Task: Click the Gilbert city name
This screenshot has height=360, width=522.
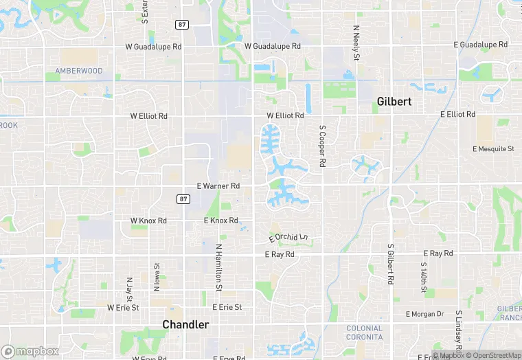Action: (x=394, y=102)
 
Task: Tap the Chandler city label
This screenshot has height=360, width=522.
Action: (x=185, y=324)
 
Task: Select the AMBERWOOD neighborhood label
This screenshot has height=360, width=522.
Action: (x=78, y=71)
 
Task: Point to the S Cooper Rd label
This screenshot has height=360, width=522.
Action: (x=321, y=146)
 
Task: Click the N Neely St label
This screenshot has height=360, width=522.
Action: (x=356, y=43)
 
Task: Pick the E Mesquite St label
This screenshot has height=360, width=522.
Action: (x=493, y=148)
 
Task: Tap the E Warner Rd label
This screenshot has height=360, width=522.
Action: (x=218, y=186)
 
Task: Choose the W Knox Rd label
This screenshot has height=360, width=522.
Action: (x=148, y=221)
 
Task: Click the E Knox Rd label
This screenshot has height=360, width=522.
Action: (x=221, y=221)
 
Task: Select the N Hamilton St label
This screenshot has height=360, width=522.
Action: (x=218, y=265)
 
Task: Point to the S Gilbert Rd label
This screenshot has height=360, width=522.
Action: (x=390, y=265)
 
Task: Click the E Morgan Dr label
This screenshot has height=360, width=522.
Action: (x=425, y=314)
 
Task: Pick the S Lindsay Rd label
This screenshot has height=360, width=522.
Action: (x=458, y=323)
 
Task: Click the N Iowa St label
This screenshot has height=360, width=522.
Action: (x=157, y=275)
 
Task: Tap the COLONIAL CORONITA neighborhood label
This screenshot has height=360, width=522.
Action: (x=364, y=333)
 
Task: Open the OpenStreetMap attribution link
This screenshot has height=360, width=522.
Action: (x=493, y=355)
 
